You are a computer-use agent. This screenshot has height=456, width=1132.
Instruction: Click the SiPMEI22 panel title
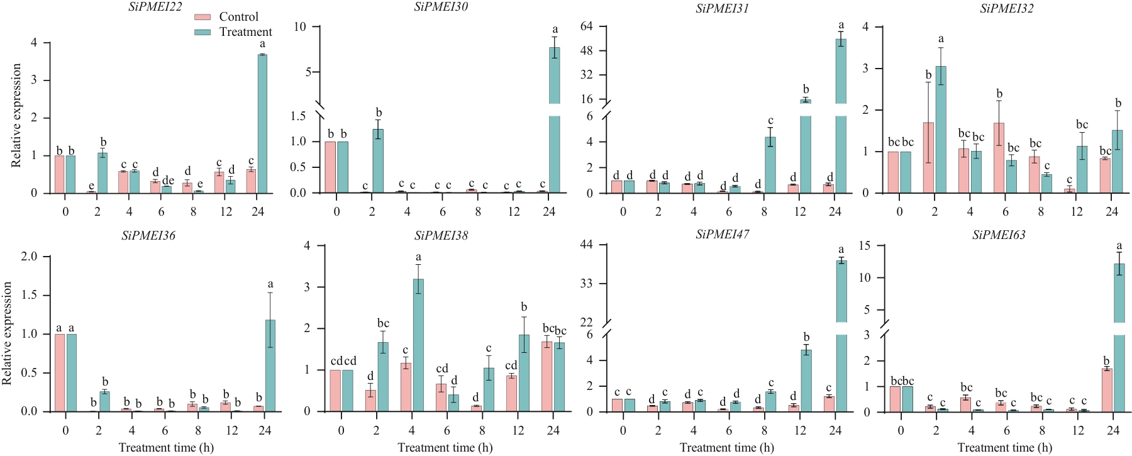click(155, 7)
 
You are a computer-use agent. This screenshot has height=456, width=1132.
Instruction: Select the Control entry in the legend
click(238, 17)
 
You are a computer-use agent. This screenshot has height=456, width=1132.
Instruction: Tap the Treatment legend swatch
click(203, 32)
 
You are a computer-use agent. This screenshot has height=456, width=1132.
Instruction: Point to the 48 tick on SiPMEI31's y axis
click(587, 50)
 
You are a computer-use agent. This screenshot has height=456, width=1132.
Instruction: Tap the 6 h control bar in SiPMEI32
click(999, 158)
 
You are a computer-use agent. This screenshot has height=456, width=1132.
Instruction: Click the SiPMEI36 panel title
click(148, 236)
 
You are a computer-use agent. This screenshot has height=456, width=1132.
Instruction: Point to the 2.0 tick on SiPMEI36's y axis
click(29, 257)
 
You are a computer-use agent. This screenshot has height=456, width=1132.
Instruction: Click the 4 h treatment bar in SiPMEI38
click(418, 345)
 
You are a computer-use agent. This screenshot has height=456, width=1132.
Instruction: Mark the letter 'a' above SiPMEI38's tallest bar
click(418, 257)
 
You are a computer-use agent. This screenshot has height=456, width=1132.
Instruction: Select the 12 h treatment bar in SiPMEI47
click(806, 381)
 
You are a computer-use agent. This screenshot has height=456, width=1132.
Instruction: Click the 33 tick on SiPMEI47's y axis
click(587, 284)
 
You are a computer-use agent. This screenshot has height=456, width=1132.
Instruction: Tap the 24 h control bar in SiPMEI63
click(1107, 390)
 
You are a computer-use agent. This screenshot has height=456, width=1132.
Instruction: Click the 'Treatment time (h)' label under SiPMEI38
click(445, 448)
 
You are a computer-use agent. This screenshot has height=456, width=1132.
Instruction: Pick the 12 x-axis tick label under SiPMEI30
click(514, 212)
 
